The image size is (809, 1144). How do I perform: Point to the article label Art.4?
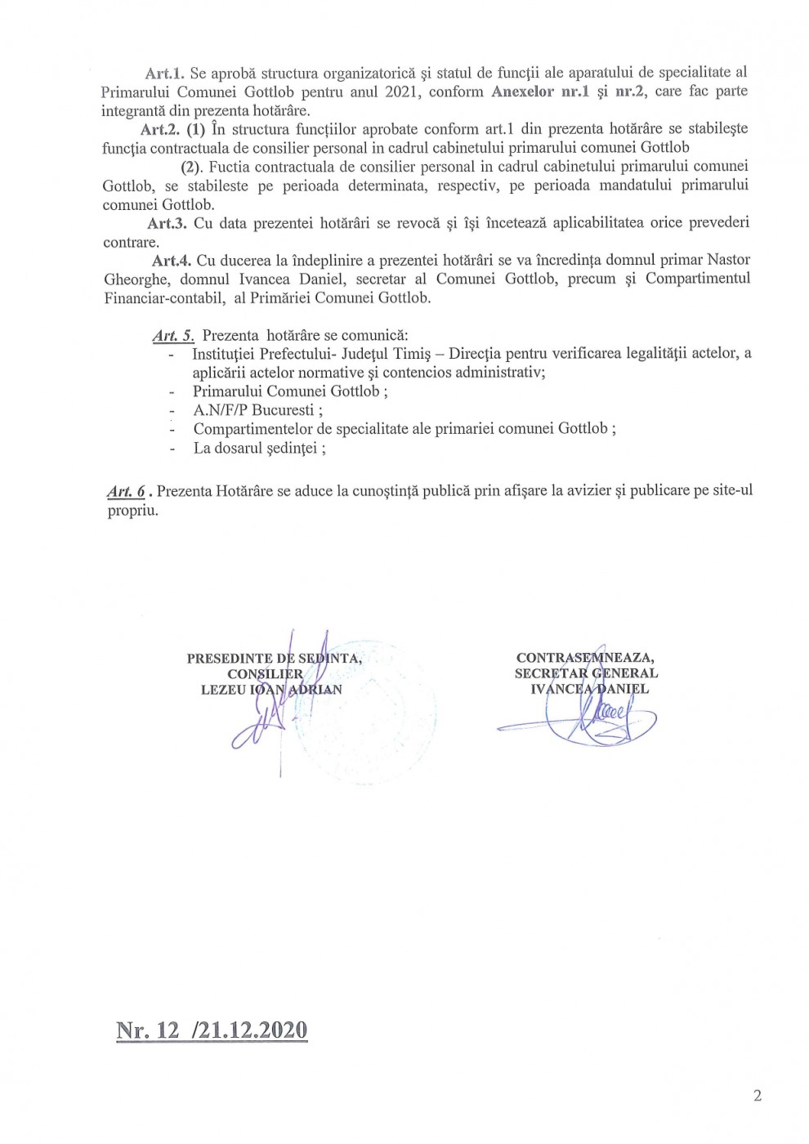(x=172, y=261)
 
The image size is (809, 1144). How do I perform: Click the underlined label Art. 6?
(x=126, y=491)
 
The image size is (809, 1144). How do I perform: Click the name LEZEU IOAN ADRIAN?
(x=270, y=689)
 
